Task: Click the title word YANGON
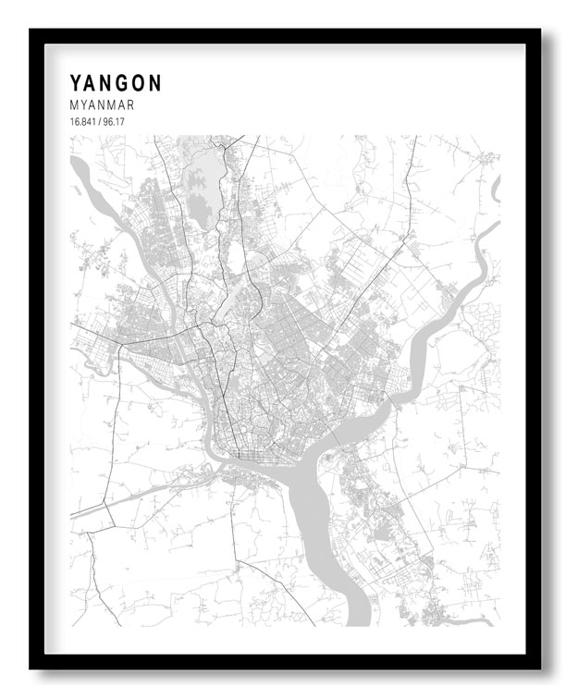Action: click(x=116, y=83)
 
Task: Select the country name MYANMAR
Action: click(x=102, y=105)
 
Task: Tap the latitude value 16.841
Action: click(x=82, y=122)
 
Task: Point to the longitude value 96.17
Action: click(x=115, y=122)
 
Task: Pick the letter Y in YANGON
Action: click(x=76, y=83)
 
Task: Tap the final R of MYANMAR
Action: click(x=129, y=105)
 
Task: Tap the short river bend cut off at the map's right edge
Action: click(x=496, y=189)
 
